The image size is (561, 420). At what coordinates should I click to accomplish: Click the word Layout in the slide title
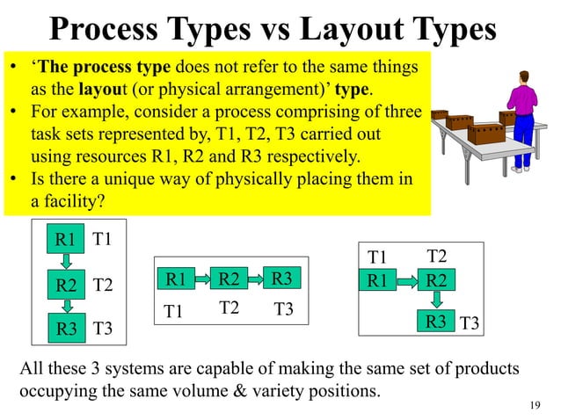(349, 30)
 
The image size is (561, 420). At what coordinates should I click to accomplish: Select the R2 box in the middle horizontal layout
(229, 280)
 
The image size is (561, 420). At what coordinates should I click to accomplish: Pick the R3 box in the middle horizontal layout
(282, 279)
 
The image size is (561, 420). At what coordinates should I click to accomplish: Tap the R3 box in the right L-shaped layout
(434, 322)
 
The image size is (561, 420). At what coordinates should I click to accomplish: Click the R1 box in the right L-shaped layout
(378, 281)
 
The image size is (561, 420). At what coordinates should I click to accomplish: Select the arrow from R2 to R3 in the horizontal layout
(255, 279)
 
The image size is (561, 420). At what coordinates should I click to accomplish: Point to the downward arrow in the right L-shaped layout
(434, 301)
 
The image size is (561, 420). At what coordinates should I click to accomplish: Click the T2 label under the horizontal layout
(229, 307)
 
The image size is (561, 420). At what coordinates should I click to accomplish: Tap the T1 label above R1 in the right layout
(377, 257)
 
